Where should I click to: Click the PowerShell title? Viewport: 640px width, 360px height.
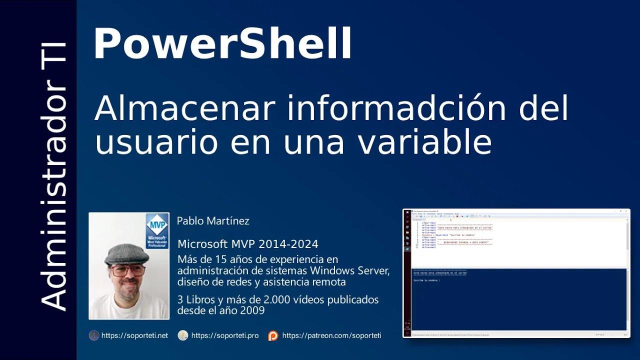[x=222, y=44]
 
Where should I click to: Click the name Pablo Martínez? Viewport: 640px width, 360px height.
[x=213, y=220]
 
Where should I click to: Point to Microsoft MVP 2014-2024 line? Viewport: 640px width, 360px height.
[x=248, y=244]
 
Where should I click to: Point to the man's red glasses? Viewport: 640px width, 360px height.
[x=128, y=271]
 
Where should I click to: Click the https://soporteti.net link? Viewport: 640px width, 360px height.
[x=134, y=335]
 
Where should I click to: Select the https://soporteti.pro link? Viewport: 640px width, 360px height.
[x=225, y=335]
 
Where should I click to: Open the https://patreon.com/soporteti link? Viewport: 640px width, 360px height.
[x=331, y=335]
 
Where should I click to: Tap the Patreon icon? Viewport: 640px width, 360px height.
[x=273, y=335]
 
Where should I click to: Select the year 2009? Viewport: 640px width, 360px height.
[x=252, y=310]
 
